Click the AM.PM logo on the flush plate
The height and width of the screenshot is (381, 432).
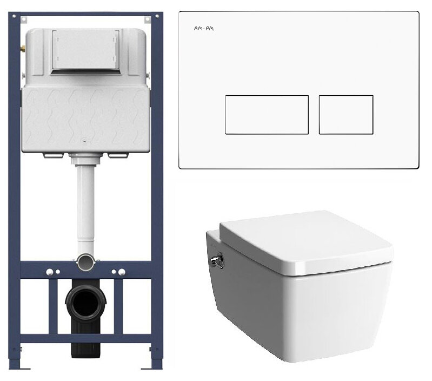click(204, 28)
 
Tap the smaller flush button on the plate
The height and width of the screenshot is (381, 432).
click(346, 115)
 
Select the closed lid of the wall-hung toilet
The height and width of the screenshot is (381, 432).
click(307, 242)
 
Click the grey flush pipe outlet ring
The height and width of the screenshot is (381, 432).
click(85, 262)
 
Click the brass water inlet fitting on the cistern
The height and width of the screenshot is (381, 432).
click(23, 49)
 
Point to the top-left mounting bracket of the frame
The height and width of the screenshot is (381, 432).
click(24, 19)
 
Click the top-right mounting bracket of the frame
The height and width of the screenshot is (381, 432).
click(148, 19)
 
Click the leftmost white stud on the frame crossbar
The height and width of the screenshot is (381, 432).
click(50, 272)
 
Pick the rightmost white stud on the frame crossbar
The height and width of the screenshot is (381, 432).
click(122, 272)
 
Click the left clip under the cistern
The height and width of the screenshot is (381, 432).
click(53, 155)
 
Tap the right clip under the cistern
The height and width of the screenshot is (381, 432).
click(118, 155)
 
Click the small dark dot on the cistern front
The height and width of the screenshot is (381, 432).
click(84, 142)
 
